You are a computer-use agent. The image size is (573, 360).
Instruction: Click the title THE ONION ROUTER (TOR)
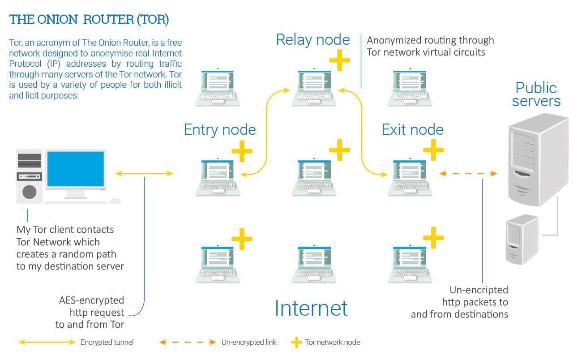point(89,20)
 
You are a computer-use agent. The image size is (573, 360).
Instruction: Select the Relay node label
point(313,39)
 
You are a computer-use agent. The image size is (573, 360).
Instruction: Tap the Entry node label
point(220,130)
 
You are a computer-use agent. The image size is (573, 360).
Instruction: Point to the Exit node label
point(412,130)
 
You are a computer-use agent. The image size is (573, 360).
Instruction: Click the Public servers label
point(536,94)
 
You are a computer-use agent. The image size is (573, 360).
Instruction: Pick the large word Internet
point(311,308)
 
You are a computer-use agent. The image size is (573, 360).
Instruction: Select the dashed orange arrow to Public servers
point(468,173)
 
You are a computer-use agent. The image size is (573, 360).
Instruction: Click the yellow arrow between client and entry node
point(144,173)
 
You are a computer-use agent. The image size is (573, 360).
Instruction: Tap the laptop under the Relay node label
point(314,87)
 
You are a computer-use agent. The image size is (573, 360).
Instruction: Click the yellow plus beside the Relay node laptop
point(339,60)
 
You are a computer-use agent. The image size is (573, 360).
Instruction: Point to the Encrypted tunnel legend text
point(107,343)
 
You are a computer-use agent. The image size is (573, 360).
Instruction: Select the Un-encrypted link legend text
point(249,343)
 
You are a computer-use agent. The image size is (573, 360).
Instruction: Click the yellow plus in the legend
point(296,343)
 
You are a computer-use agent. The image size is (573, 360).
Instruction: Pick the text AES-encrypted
point(91,300)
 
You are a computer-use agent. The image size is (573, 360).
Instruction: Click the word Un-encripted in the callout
point(479,290)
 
